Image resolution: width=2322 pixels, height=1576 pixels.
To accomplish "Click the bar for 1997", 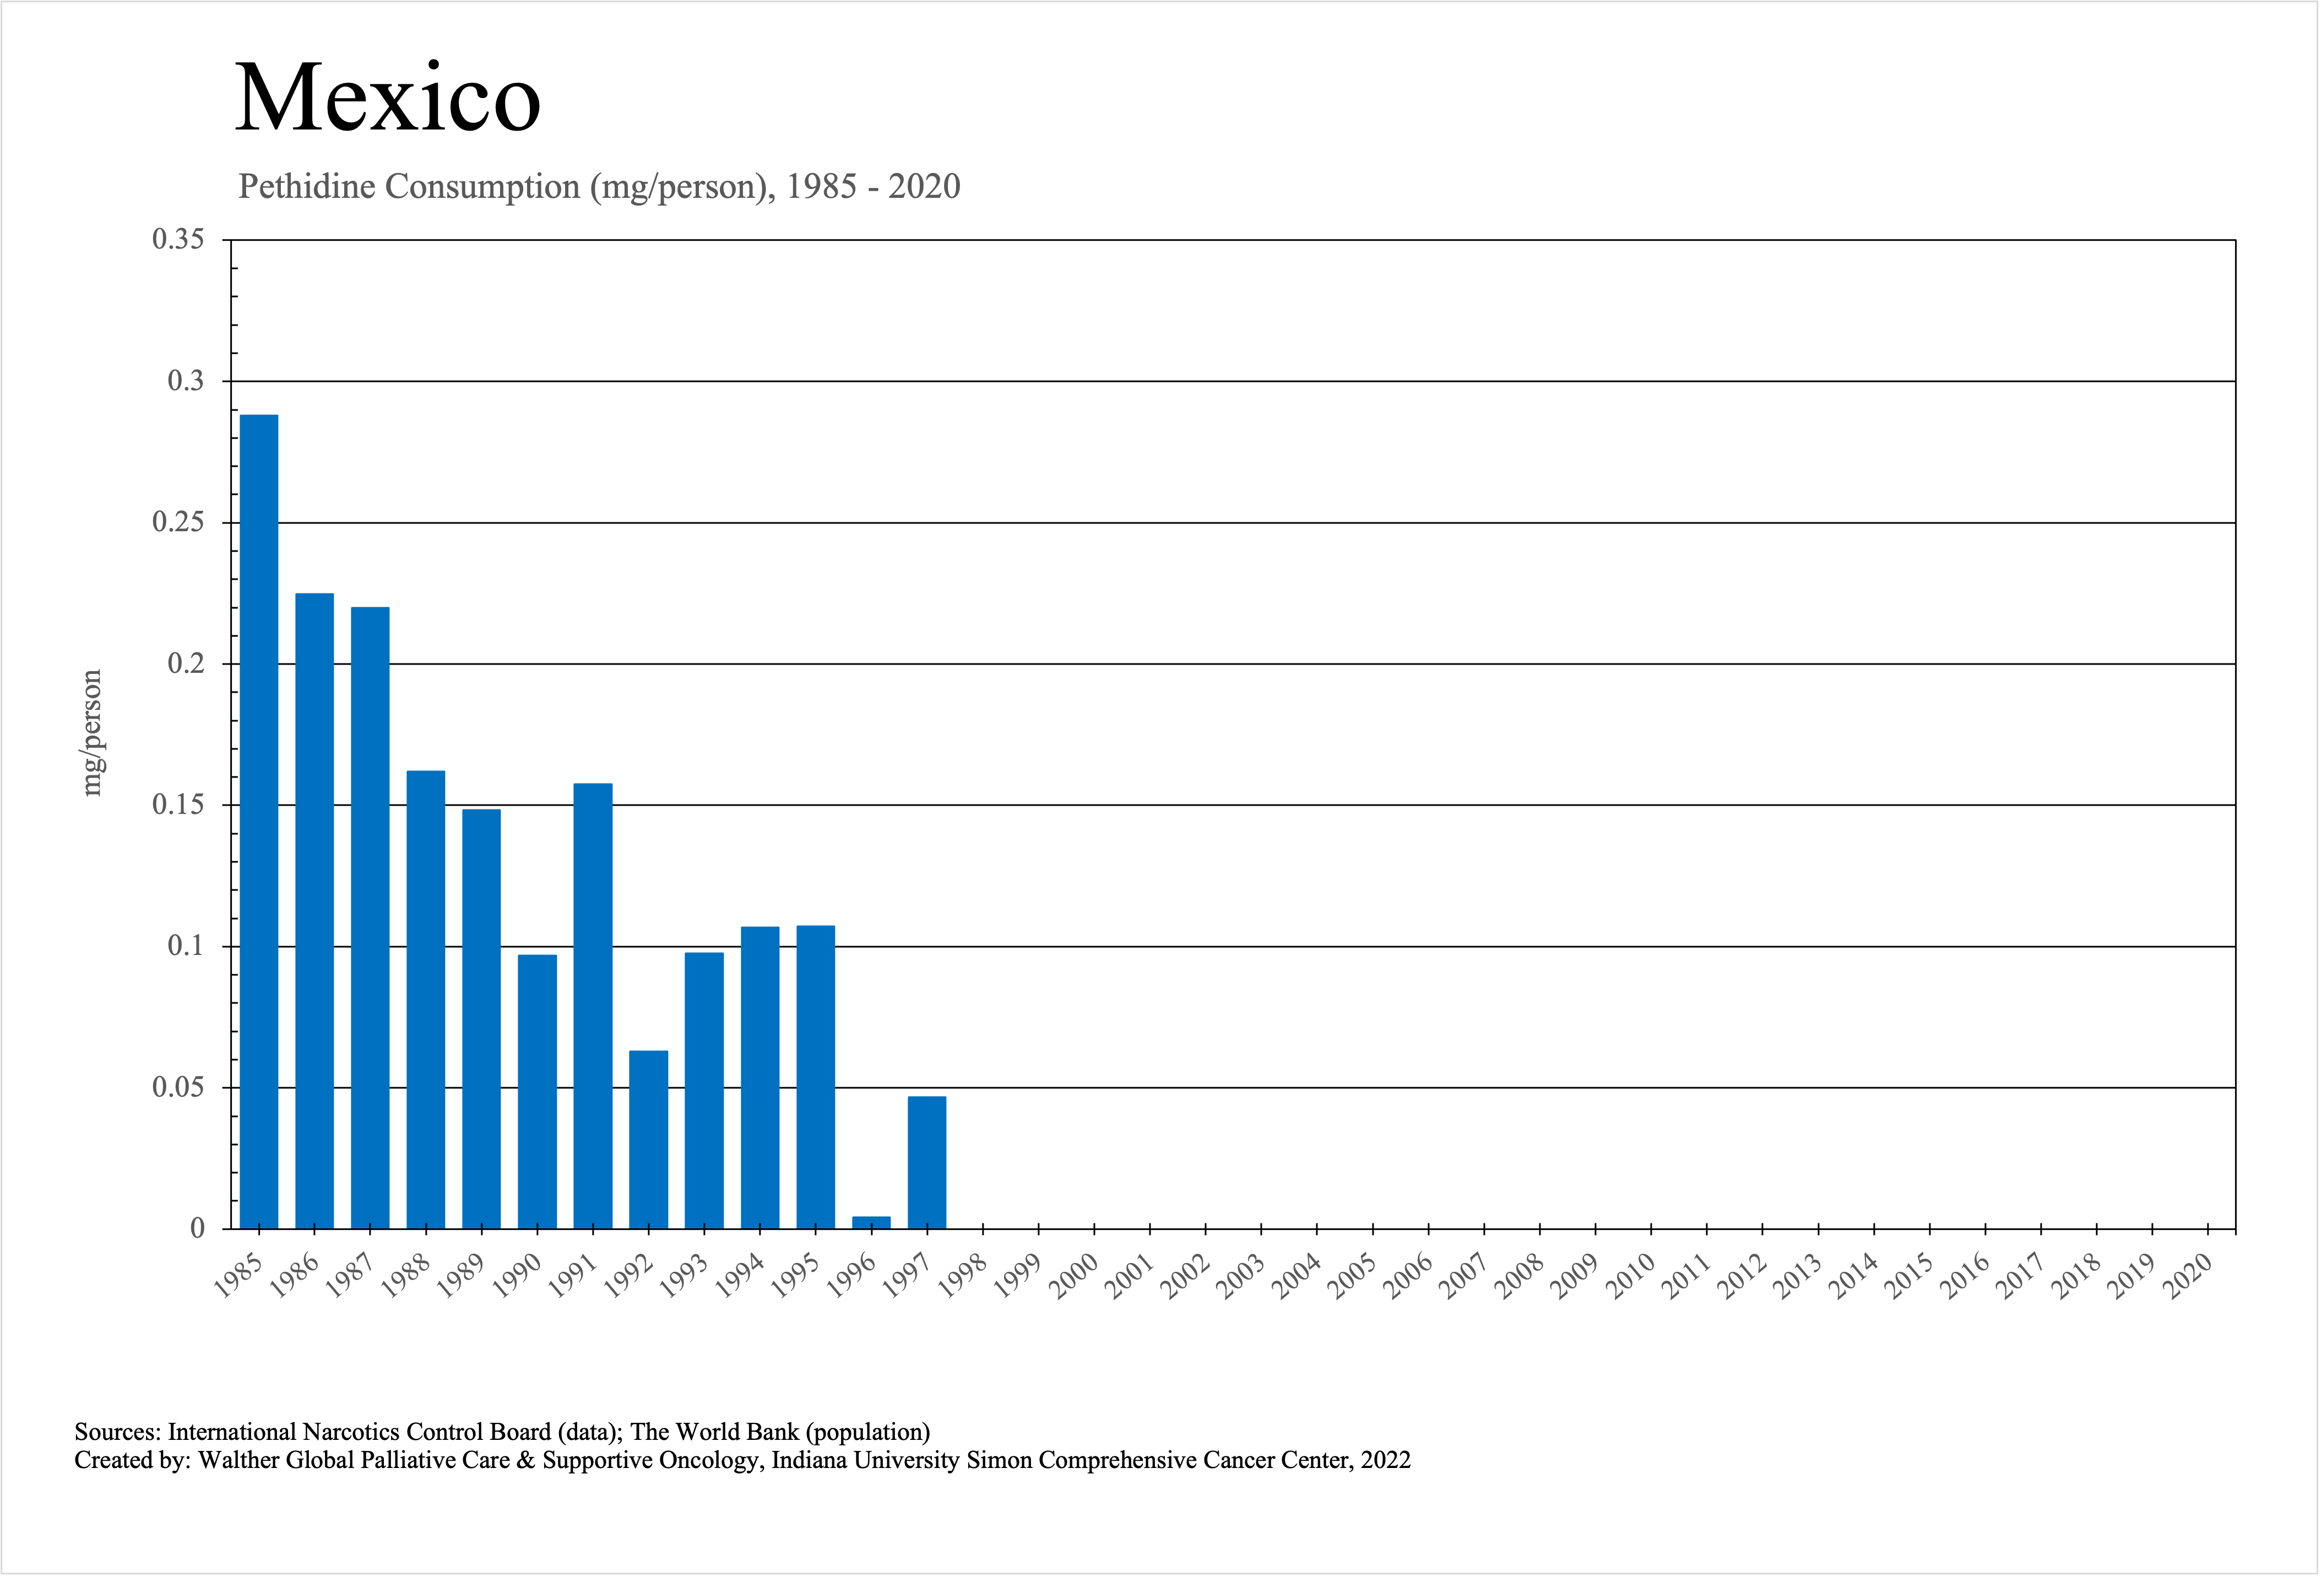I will click(926, 1162).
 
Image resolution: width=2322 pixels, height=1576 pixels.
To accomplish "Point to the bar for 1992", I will click(648, 1139).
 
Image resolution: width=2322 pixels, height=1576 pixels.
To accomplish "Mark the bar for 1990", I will click(538, 1091).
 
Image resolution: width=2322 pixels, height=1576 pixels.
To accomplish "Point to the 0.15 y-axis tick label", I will click(178, 805).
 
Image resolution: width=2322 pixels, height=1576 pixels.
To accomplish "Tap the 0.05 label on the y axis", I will click(178, 1087).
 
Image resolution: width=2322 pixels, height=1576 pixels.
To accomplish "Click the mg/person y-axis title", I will click(92, 732).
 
